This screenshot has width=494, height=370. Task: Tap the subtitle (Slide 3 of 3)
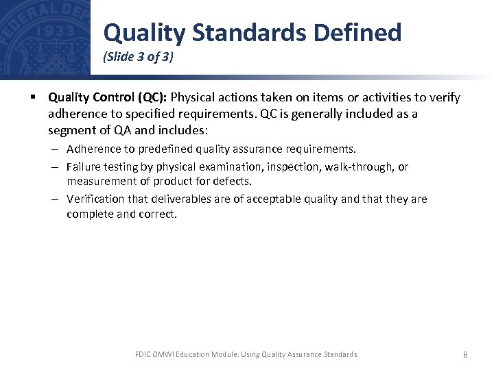(x=138, y=58)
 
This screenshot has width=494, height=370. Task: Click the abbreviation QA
(x=122, y=129)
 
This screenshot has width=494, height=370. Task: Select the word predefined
(x=166, y=149)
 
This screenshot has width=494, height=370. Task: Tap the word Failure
(x=84, y=166)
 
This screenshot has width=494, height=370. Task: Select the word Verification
(x=95, y=199)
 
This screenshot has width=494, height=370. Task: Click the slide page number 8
(x=466, y=354)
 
